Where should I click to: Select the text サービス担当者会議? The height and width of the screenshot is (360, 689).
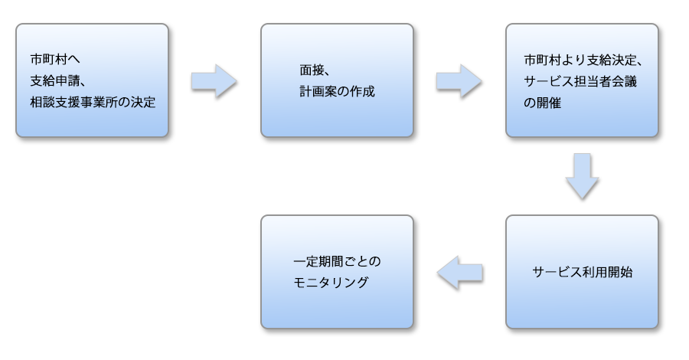583,80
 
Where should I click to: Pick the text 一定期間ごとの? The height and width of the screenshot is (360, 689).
337,261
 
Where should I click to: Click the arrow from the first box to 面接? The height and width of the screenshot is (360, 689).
215,80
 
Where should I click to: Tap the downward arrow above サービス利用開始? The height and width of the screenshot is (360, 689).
583,178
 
